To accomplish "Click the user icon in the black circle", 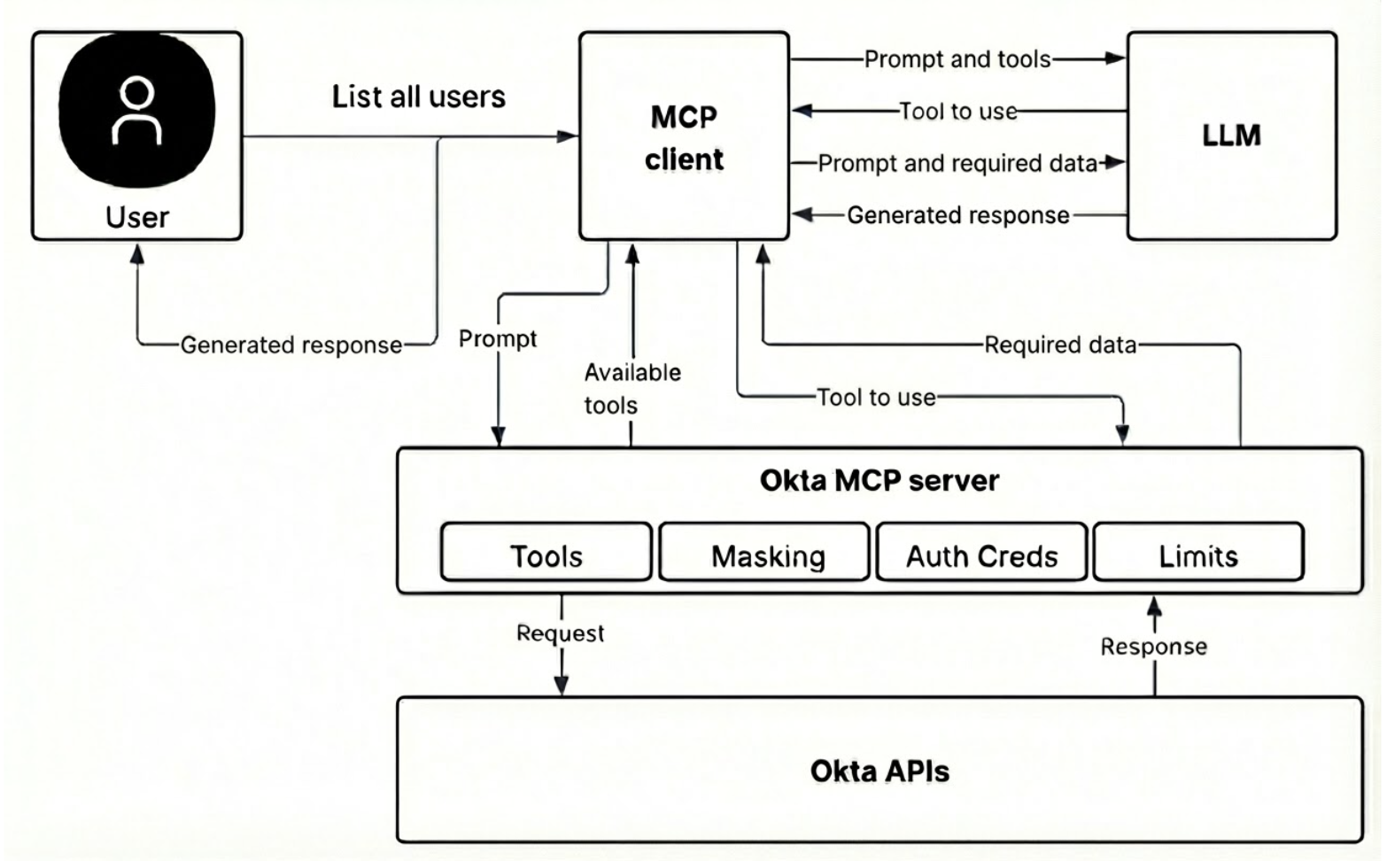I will (136, 111).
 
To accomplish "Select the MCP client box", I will (684, 136).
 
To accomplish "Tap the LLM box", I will (1231, 136).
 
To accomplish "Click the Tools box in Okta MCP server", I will (546, 555).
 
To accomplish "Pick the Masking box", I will (767, 555).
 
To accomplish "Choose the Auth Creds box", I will (981, 555).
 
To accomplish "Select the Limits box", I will (1197, 555).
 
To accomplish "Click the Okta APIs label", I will (879, 771).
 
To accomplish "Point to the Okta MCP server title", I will (879, 480).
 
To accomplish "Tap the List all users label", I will (418, 97).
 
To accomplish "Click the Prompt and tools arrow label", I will (957, 59).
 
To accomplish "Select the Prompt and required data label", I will (957, 163).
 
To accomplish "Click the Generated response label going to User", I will (291, 345).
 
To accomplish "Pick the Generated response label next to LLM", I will (957, 215).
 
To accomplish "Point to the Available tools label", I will (631, 388).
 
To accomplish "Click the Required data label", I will (1060, 345).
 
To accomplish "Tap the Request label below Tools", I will (560, 633).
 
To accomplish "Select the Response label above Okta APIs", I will (1153, 647).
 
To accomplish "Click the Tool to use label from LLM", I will (957, 112).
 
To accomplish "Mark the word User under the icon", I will (136, 217).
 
